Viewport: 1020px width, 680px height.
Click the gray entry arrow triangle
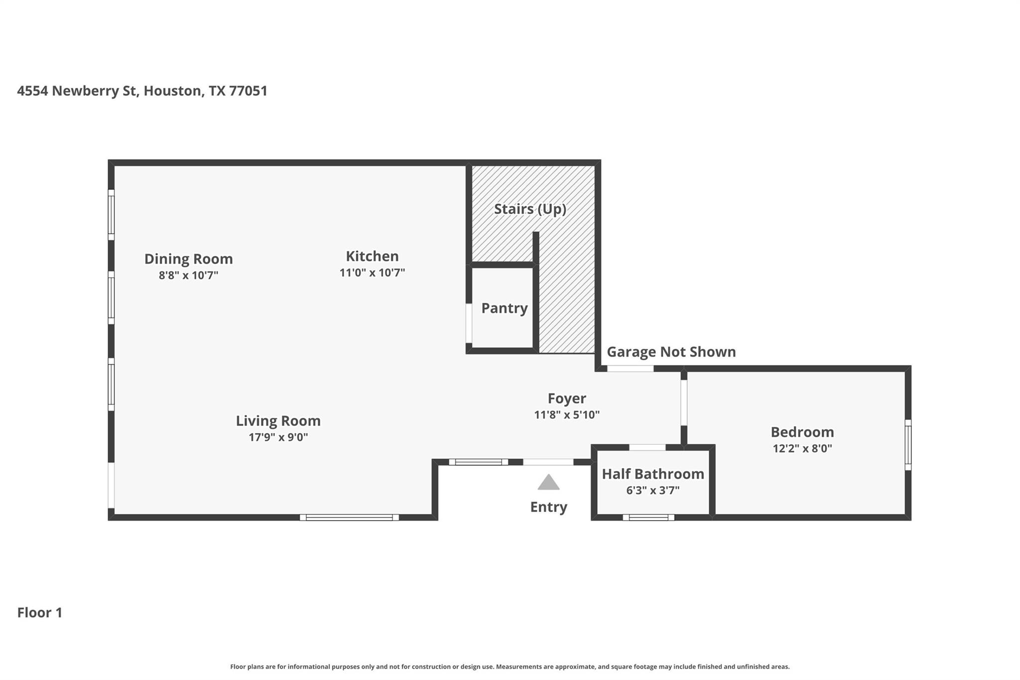click(x=548, y=483)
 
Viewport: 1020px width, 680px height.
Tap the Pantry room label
click(x=504, y=308)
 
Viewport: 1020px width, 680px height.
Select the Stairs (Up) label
click(x=530, y=209)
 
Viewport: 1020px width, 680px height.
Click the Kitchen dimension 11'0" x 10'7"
click(x=372, y=273)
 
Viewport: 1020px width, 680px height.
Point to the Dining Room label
click(x=188, y=259)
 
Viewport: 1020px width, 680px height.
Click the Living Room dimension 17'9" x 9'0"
click(x=278, y=437)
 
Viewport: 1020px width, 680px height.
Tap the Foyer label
click(x=566, y=399)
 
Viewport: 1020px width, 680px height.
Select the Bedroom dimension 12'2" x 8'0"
click(x=802, y=448)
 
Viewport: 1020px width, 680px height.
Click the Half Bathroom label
click(x=652, y=474)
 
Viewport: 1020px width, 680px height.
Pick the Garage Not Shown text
click(x=671, y=352)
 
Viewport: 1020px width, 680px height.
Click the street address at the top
click(x=142, y=91)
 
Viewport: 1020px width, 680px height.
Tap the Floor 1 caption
click(x=40, y=613)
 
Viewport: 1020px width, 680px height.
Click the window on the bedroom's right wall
click(x=908, y=445)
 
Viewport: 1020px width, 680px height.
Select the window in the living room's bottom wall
click(x=349, y=518)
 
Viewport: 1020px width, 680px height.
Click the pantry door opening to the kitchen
click(x=469, y=323)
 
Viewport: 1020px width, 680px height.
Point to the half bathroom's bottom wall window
click(x=648, y=518)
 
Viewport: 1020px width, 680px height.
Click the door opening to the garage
click(x=630, y=369)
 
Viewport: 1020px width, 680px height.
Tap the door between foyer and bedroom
click(x=684, y=403)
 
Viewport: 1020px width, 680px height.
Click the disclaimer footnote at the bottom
click(x=510, y=667)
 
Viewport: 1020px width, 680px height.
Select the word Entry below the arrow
click(x=548, y=507)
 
